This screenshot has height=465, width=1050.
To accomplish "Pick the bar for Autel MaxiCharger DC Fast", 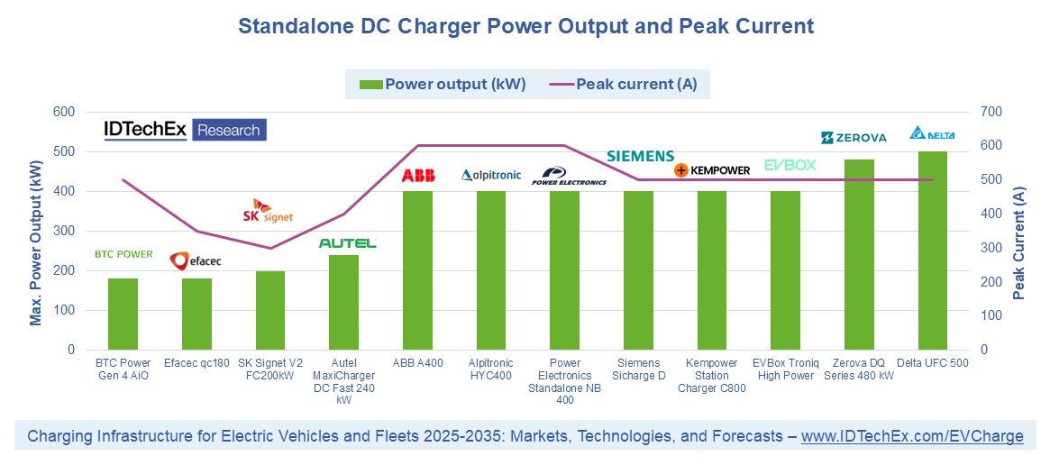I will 343,302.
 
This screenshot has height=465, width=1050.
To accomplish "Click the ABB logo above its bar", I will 417,176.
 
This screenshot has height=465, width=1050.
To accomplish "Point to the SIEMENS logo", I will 640,157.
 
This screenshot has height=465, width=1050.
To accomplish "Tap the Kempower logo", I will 712,169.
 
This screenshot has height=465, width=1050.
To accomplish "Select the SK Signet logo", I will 269,212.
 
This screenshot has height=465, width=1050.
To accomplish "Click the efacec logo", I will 196,261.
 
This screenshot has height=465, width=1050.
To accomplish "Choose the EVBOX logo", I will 790,165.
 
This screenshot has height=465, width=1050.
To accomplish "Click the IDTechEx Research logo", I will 185,131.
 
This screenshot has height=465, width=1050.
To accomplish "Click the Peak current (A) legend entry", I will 624,85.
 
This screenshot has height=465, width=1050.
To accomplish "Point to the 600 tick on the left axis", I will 63,112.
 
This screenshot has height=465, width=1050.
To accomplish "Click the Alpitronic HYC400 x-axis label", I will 490,369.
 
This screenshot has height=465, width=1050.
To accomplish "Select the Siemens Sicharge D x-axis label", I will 638,369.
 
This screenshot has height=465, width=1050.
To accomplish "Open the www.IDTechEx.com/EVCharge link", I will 912,436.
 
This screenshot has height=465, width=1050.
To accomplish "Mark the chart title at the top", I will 525,26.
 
